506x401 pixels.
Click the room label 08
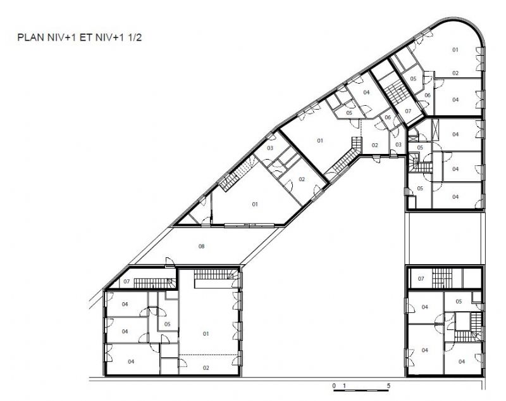coord(201,246)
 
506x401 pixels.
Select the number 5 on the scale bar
coord(388,386)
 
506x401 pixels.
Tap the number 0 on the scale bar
coord(334,386)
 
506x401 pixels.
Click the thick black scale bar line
coord(361,391)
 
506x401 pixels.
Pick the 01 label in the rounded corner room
coord(455,50)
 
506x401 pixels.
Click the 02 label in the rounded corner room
coord(455,73)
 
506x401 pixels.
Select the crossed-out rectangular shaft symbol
coord(435,130)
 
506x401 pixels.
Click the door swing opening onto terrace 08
coord(170,262)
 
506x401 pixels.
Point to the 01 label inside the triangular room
coord(255,204)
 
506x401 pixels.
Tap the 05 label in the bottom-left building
coord(167,324)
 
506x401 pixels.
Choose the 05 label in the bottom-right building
coord(459,302)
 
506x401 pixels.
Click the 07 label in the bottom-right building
coord(421,279)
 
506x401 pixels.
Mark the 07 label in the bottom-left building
coord(126,281)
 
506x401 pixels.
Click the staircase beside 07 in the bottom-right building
coord(441,278)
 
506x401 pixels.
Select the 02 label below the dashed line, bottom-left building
coord(206,367)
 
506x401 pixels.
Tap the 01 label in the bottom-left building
coord(206,334)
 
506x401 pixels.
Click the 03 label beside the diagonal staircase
coord(270,148)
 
